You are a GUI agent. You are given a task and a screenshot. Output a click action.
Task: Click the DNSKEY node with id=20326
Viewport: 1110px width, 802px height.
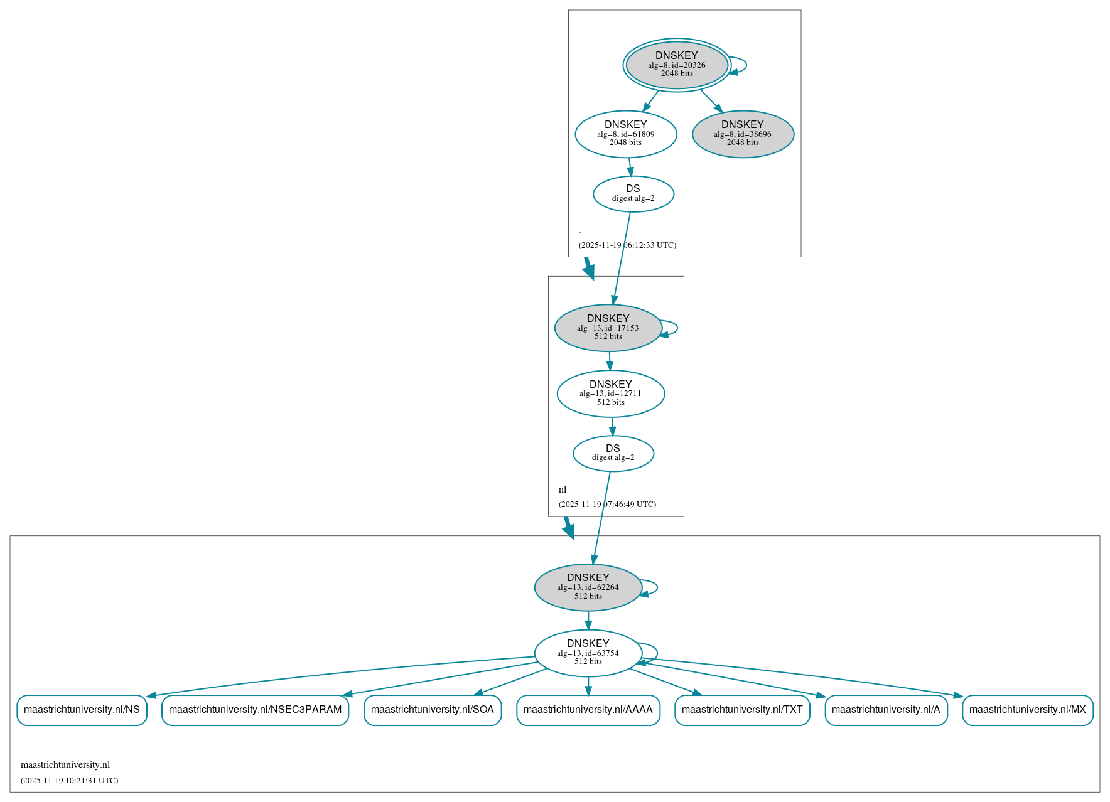coord(676,65)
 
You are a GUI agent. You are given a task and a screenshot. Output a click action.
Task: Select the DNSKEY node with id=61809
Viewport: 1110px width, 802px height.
coord(625,134)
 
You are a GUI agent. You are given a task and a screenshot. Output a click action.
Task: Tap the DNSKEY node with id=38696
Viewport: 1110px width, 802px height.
coord(743,134)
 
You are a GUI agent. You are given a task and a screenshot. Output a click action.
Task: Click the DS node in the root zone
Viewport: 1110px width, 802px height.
coord(633,194)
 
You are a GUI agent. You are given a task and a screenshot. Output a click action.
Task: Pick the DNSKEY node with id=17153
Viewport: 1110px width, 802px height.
coord(608,328)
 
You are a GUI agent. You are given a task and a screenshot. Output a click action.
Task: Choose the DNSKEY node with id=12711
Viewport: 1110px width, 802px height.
coord(610,393)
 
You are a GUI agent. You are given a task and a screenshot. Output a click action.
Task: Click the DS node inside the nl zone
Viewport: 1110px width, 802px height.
coord(613,453)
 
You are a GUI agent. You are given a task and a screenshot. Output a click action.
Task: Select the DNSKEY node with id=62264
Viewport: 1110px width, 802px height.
coord(588,587)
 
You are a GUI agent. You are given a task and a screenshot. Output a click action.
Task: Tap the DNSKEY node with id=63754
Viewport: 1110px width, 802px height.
coord(588,653)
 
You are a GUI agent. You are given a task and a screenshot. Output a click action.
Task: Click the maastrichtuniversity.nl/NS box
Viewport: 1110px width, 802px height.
coord(82,710)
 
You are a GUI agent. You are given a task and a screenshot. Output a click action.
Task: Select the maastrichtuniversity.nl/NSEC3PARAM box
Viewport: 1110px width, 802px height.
coord(255,710)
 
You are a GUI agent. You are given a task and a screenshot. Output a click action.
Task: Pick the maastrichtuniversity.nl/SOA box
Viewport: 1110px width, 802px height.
coord(432,710)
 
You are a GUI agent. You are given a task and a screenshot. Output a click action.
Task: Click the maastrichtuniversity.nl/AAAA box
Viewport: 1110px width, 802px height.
coord(588,710)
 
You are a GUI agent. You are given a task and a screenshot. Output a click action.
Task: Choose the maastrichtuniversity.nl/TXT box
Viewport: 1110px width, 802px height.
coord(742,710)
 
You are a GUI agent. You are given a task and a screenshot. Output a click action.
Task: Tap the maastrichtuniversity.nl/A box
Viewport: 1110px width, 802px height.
coord(885,710)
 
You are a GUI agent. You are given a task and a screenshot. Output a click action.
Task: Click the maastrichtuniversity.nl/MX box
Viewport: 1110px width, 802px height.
coord(1027,710)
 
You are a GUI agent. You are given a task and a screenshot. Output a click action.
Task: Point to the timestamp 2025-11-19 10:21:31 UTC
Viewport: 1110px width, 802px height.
coord(69,781)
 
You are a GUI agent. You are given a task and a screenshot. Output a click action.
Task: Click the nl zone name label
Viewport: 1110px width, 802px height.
coord(563,489)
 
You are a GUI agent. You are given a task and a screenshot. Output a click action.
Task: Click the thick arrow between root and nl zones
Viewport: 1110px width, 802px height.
coord(588,268)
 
